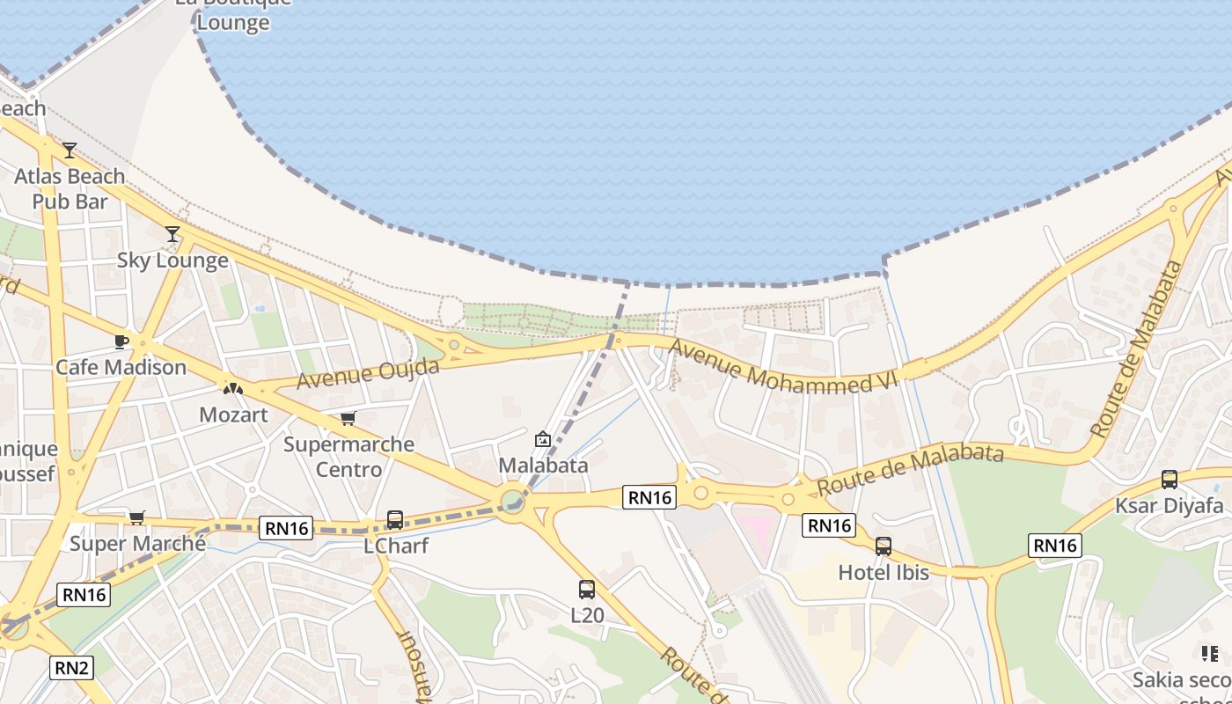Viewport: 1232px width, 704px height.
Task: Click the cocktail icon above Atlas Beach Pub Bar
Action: (x=70, y=150)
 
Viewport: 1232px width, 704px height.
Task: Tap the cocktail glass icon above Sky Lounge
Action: (x=172, y=234)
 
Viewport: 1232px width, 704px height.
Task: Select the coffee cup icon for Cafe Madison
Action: (x=121, y=341)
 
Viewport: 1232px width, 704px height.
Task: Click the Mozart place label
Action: (x=233, y=414)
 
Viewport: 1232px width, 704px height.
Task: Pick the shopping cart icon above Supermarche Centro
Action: (x=348, y=418)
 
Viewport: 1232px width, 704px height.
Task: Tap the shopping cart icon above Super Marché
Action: (x=136, y=517)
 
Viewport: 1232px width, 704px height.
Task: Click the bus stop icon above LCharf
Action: (x=395, y=520)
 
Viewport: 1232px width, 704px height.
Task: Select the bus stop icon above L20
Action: (x=587, y=590)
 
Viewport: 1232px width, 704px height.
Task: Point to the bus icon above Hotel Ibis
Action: (x=884, y=546)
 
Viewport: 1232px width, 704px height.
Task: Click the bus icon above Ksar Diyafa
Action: (x=1170, y=480)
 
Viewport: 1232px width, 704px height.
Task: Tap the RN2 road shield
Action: (x=72, y=668)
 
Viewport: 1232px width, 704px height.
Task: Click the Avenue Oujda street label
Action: (x=368, y=373)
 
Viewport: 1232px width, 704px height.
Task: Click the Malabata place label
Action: (x=543, y=465)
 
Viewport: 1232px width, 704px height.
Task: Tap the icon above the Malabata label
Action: (x=543, y=439)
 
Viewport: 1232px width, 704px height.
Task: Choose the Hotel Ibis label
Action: (x=884, y=572)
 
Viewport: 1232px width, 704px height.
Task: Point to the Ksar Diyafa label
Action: (x=1170, y=506)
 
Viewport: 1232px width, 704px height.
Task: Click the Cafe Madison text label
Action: (x=121, y=367)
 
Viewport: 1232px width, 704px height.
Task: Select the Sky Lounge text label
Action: (x=172, y=260)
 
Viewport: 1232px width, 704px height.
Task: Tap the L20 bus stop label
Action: (x=587, y=615)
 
